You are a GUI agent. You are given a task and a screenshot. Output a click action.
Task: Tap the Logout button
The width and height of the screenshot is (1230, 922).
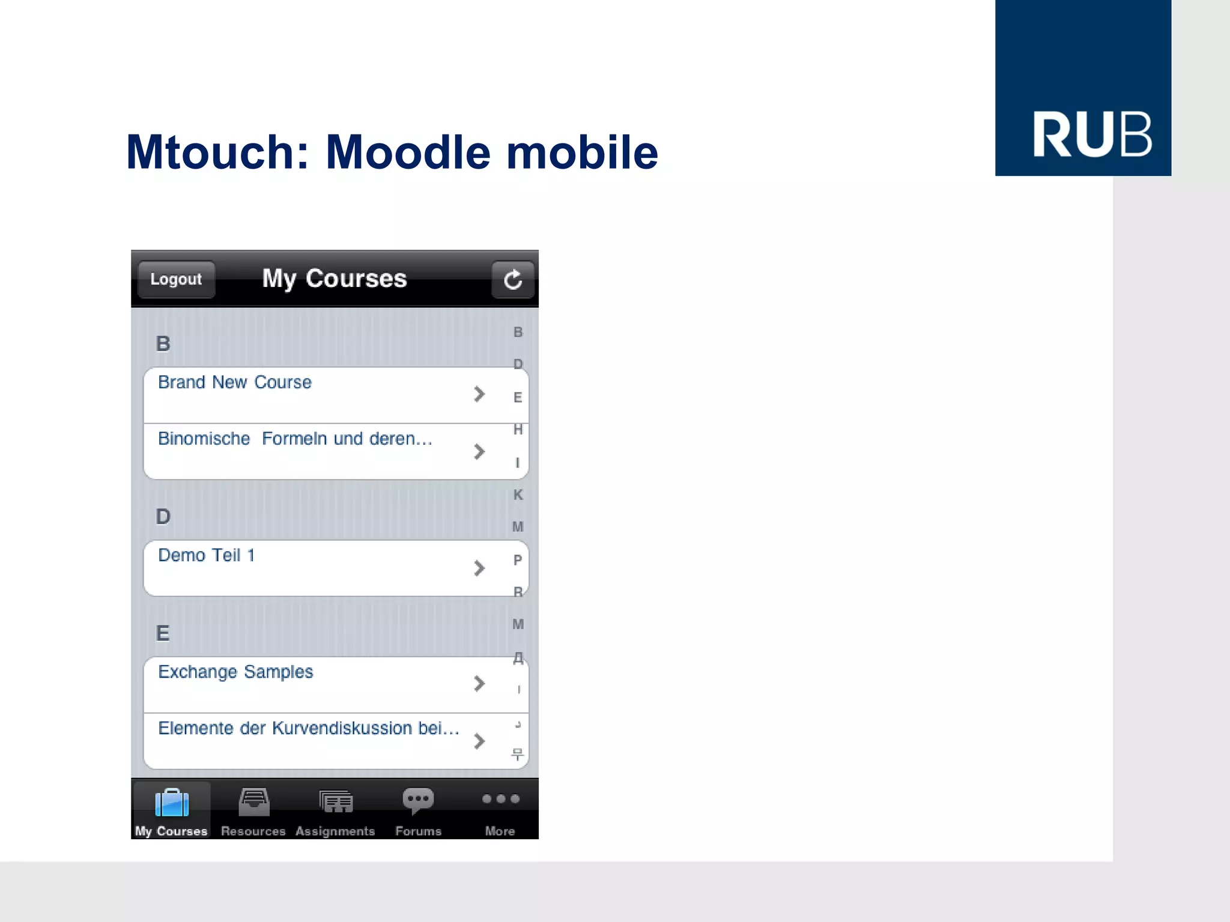pyautogui.click(x=176, y=279)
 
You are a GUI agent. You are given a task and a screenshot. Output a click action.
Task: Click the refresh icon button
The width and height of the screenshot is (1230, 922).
pyautogui.click(x=512, y=279)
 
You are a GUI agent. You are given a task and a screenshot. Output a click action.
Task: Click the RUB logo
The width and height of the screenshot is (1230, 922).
pyautogui.click(x=1083, y=88)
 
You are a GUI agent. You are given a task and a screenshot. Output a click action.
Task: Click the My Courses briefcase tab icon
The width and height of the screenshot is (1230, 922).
pyautogui.click(x=172, y=803)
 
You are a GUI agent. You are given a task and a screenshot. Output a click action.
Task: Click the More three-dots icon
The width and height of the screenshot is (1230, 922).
pyautogui.click(x=500, y=799)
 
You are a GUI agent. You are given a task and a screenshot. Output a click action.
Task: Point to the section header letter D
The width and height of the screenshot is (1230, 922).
pyautogui.click(x=163, y=516)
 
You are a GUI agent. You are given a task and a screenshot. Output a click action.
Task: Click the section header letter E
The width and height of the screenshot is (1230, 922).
pyautogui.click(x=163, y=633)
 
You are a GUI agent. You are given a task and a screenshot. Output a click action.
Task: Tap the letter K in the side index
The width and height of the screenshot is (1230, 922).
pyautogui.click(x=518, y=495)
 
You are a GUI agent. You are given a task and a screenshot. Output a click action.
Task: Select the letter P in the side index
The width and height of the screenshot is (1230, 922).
pyautogui.click(x=518, y=559)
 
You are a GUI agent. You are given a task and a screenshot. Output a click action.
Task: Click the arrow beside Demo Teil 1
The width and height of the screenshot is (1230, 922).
pyautogui.click(x=479, y=568)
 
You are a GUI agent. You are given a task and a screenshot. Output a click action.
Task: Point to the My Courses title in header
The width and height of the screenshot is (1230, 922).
pyautogui.click(x=335, y=279)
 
